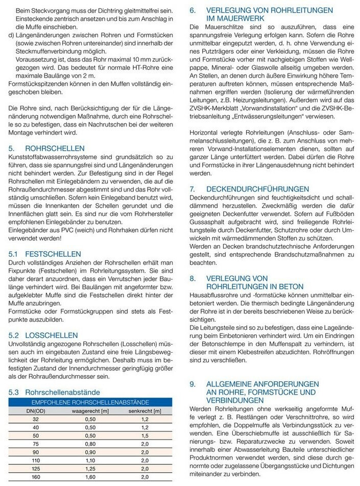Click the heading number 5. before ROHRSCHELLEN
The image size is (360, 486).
[11, 149]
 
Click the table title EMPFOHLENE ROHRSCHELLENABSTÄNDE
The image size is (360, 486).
[90, 402]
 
